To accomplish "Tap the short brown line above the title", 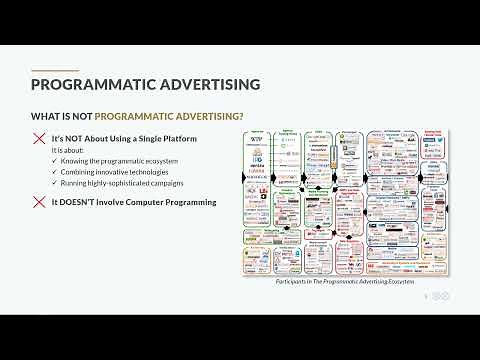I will pyautogui.click(x=55, y=70).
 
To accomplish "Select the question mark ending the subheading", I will pyautogui.click(x=240, y=114).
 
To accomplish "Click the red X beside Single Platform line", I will pyautogui.click(x=40, y=138).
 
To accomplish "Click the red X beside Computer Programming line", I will pyautogui.click(x=40, y=202).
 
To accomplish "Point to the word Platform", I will pyautogui.click(x=176, y=137).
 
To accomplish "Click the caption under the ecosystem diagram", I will pyautogui.click(x=344, y=282).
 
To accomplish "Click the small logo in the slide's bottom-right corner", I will pyautogui.click(x=439, y=295).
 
